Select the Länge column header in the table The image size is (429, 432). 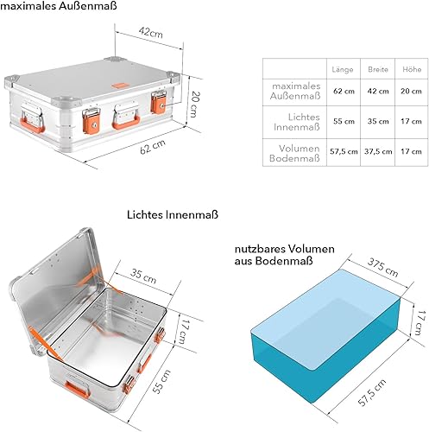pos(343,69)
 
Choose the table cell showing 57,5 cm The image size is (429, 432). pos(343,152)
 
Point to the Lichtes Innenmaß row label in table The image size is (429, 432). pos(296,122)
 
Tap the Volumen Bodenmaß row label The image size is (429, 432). pos(296,152)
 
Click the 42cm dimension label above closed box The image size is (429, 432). pos(151,33)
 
